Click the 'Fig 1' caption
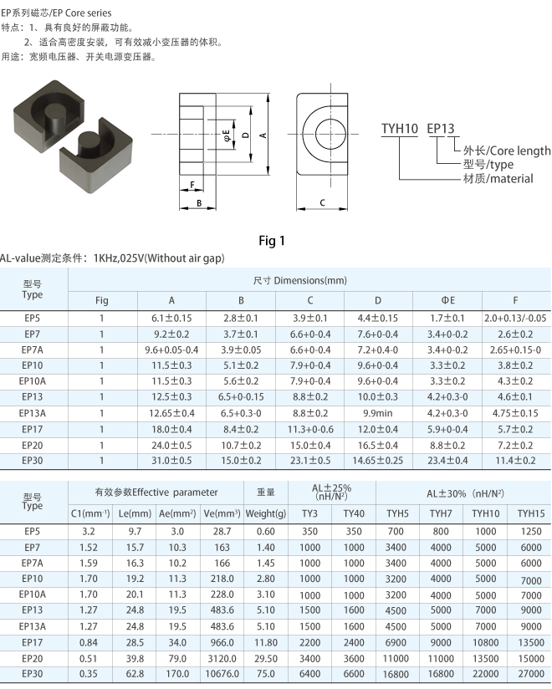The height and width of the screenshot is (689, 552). (x=272, y=241)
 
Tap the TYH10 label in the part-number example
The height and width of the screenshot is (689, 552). (x=399, y=129)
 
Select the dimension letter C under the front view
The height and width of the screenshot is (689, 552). (x=322, y=202)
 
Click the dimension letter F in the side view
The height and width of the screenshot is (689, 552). (x=192, y=185)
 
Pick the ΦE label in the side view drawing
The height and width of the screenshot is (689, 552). (x=227, y=135)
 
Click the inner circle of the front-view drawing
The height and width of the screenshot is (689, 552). (x=330, y=134)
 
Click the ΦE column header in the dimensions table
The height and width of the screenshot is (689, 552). (x=447, y=300)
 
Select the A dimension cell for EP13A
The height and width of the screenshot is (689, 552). (x=171, y=413)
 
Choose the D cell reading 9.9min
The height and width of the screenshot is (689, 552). (x=378, y=413)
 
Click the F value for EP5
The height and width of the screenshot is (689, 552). (x=515, y=318)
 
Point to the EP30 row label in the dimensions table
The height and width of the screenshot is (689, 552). (x=33, y=461)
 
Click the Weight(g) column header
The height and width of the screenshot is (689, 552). (x=265, y=513)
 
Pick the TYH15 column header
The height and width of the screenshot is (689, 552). (x=531, y=513)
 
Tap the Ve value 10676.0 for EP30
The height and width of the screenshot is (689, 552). (x=222, y=674)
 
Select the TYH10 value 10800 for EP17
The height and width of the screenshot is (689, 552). (x=486, y=642)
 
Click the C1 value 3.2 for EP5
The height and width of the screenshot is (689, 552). (x=89, y=531)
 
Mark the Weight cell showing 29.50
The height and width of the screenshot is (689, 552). (x=266, y=658)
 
